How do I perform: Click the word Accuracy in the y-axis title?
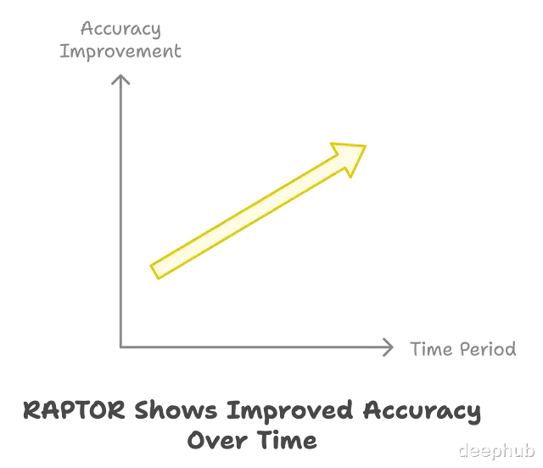[x=120, y=29]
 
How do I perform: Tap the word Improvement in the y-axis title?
[x=120, y=52]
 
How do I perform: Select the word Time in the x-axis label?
[x=431, y=349]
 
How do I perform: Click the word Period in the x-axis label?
[x=488, y=349]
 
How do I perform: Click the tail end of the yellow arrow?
[x=154, y=272]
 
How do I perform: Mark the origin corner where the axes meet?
[x=120, y=347]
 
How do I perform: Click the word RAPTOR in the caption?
[x=74, y=410]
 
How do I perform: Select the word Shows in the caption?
[x=176, y=410]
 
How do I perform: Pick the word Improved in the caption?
[x=289, y=411]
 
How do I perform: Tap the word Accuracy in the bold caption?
[x=422, y=411]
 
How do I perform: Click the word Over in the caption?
[x=217, y=441]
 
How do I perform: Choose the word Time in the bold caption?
[x=287, y=440]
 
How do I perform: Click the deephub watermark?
[x=497, y=451]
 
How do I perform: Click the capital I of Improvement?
[x=64, y=51]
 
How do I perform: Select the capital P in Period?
[x=466, y=349]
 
